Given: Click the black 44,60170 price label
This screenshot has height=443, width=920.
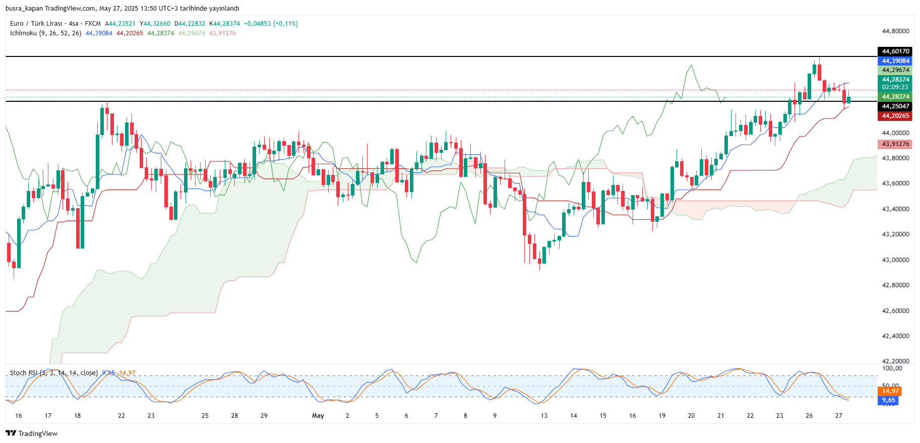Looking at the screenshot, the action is [895, 51].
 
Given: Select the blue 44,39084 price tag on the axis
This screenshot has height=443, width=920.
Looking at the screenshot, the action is [895, 61].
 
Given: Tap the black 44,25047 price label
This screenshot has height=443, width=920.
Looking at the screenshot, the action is [895, 106].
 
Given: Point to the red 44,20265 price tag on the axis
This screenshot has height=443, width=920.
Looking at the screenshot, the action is [895, 116].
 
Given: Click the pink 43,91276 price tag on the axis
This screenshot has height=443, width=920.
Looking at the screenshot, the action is [895, 144].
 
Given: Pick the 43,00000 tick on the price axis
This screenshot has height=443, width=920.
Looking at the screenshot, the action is [895, 260].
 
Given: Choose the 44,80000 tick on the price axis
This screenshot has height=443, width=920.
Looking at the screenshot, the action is [895, 31].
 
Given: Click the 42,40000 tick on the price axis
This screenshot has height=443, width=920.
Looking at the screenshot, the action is [895, 336].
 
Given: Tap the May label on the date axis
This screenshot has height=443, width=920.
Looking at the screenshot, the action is [318, 416].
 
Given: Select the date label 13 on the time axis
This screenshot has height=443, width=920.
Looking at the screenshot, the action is [544, 416].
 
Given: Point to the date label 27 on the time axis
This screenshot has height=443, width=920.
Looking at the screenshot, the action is [839, 416].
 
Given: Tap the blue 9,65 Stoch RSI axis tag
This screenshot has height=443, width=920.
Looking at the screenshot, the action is [888, 401].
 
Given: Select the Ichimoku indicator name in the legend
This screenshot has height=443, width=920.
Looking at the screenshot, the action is [23, 33].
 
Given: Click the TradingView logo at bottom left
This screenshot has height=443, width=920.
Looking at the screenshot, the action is [31, 433].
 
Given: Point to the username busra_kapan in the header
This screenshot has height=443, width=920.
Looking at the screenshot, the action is [24, 9].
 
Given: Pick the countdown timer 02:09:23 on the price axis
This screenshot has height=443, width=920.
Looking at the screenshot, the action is [895, 87].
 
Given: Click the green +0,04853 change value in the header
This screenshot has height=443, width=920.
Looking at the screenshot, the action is [257, 24].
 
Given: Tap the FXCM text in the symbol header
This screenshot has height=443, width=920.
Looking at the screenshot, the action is [93, 24].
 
